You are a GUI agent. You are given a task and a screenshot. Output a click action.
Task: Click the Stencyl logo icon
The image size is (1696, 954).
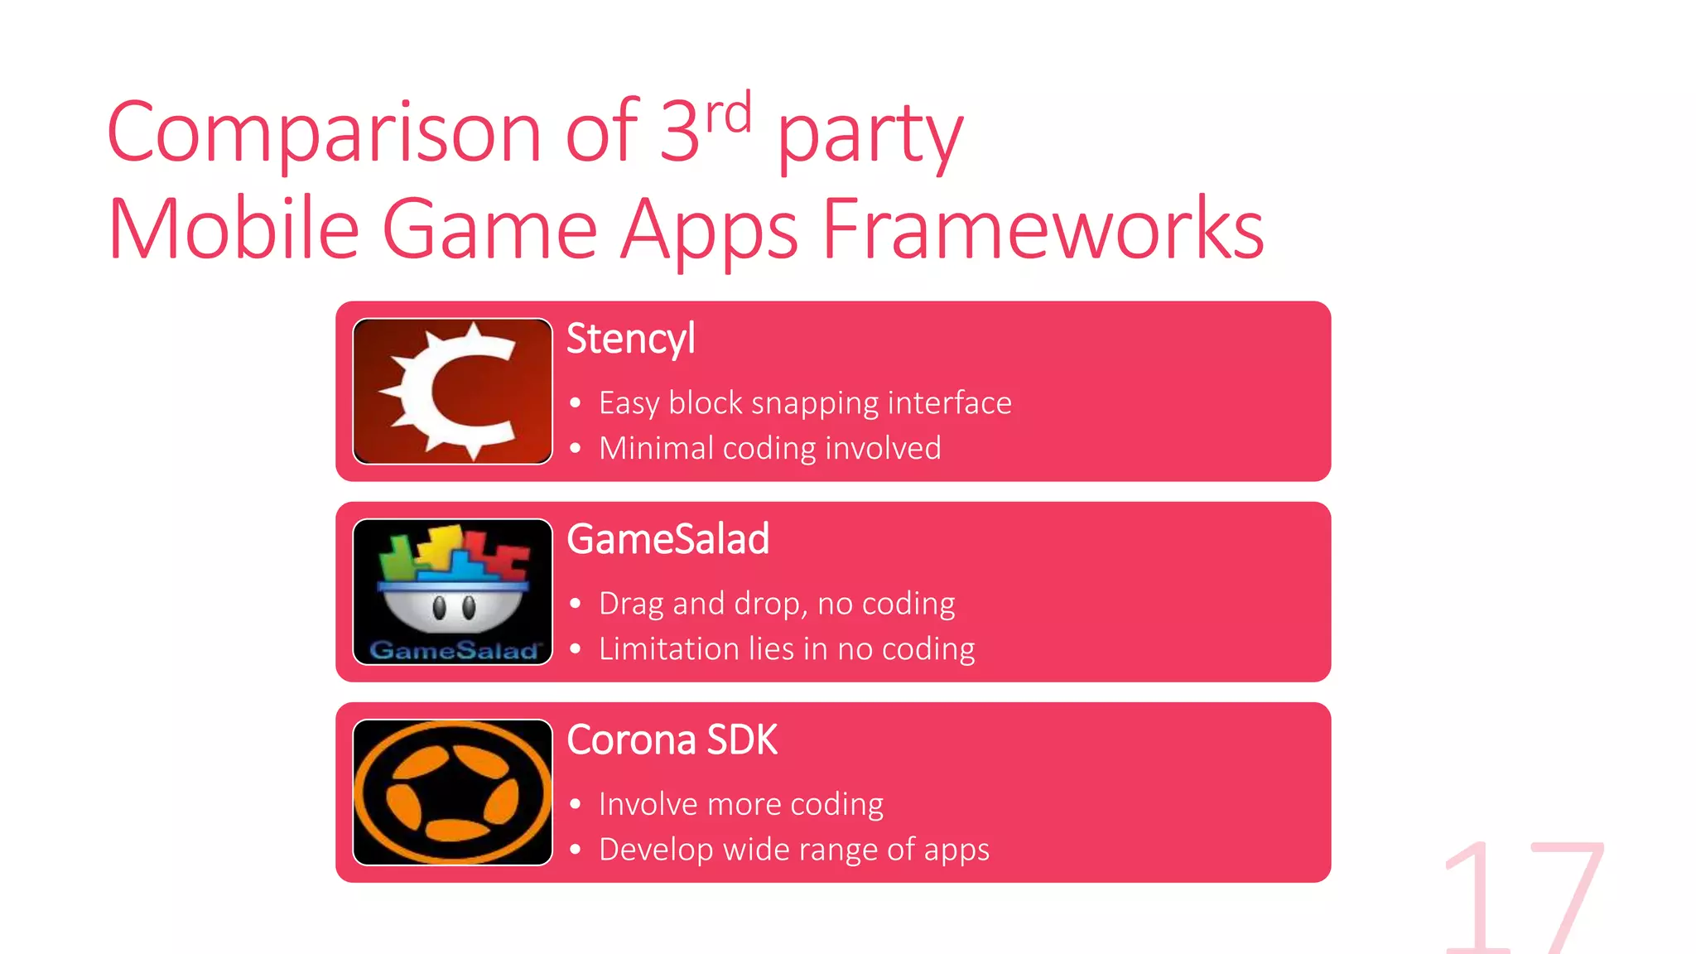[x=452, y=391]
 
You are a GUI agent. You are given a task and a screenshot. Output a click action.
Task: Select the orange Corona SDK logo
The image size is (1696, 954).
[x=452, y=793]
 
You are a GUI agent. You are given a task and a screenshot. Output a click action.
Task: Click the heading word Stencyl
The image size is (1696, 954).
[x=630, y=340]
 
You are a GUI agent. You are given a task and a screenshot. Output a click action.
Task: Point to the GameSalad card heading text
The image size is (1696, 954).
[x=668, y=539]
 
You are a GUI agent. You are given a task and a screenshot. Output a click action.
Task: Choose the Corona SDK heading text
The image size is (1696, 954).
[x=672, y=740]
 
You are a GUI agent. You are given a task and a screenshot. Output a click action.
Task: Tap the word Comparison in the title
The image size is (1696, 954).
[x=324, y=132]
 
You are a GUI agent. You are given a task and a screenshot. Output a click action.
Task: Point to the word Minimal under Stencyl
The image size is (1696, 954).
[x=656, y=448]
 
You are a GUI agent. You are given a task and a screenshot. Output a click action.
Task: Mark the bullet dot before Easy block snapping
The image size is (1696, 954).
[x=576, y=404]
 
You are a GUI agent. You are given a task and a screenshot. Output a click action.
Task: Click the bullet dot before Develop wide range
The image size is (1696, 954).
[x=576, y=850]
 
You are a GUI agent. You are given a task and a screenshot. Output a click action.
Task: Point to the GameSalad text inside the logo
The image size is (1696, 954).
[x=453, y=650]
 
